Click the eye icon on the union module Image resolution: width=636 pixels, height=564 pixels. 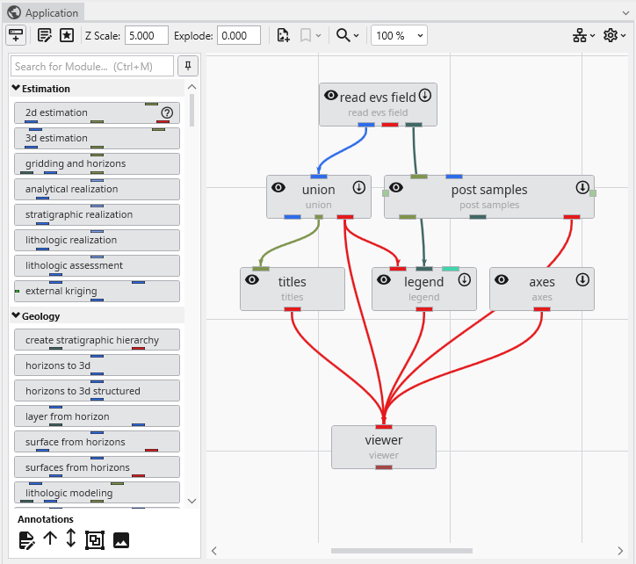278,187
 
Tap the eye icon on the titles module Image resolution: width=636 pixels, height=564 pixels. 252,279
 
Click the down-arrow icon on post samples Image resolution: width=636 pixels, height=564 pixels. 582,187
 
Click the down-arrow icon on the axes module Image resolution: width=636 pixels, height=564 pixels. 582,279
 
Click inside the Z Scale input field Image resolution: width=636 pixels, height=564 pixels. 146,36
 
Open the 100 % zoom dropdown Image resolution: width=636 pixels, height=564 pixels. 400,36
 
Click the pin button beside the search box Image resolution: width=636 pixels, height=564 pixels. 188,67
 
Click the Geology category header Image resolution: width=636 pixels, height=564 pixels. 40,316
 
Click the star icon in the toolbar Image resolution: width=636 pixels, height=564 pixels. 67,36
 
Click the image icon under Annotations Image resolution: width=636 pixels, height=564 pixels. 121,540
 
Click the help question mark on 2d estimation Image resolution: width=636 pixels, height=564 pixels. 167,112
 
